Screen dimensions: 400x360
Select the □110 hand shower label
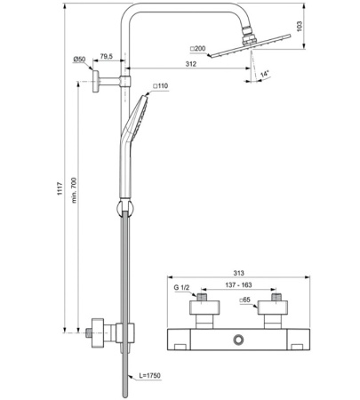point(160,86)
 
